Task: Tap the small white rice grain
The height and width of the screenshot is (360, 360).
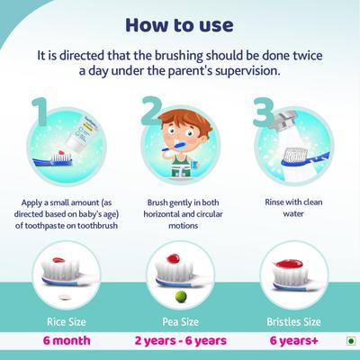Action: coord(63,296)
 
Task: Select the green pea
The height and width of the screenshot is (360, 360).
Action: coord(180,295)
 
